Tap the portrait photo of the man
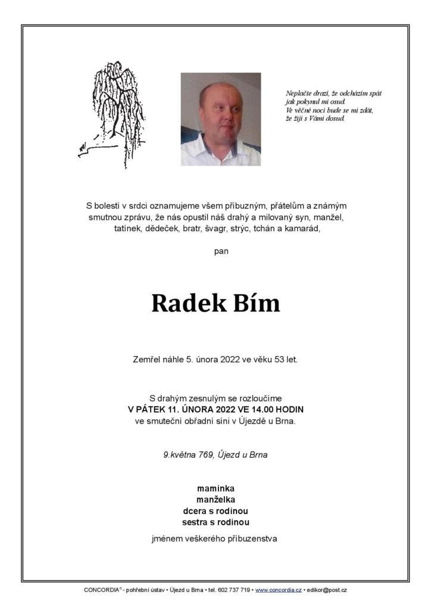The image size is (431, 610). (x=220, y=119)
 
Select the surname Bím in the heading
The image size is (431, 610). (x=257, y=303)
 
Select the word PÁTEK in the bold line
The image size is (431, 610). (x=151, y=409)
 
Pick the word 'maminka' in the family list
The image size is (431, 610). (x=215, y=489)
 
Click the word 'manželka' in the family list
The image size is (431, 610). (x=215, y=500)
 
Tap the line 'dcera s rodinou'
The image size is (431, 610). (x=215, y=511)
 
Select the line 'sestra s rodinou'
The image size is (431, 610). (x=215, y=522)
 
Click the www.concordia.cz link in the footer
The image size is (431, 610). (x=277, y=590)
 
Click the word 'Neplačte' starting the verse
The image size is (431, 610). (x=298, y=94)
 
